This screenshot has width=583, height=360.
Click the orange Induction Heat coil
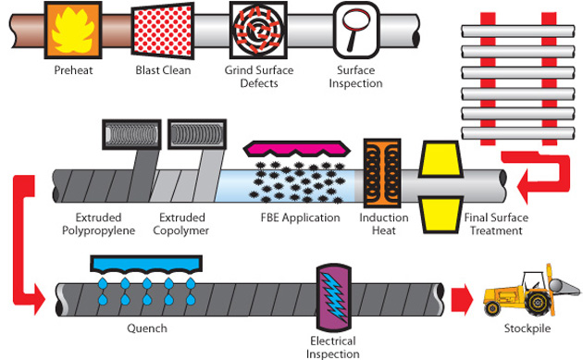pyautogui.click(x=379, y=174)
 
